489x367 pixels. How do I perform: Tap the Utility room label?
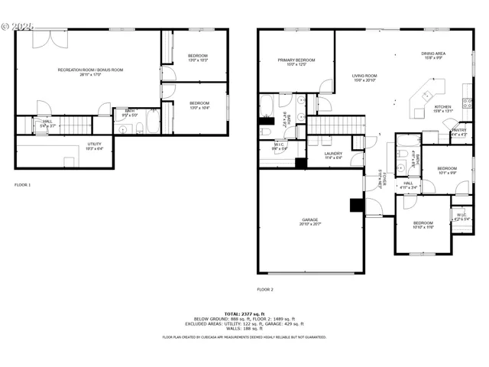[x=95, y=145]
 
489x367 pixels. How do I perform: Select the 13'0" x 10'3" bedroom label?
[x=199, y=57]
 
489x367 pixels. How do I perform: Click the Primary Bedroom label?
[x=295, y=61]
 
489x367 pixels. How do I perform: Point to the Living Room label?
[x=364, y=77]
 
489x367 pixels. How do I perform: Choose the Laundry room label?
[x=333, y=155]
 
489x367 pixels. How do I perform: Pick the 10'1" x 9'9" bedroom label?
[x=446, y=170]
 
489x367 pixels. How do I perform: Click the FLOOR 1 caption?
[x=24, y=185]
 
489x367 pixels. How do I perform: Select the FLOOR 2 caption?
[x=265, y=289]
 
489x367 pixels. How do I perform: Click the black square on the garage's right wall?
[x=355, y=205]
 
